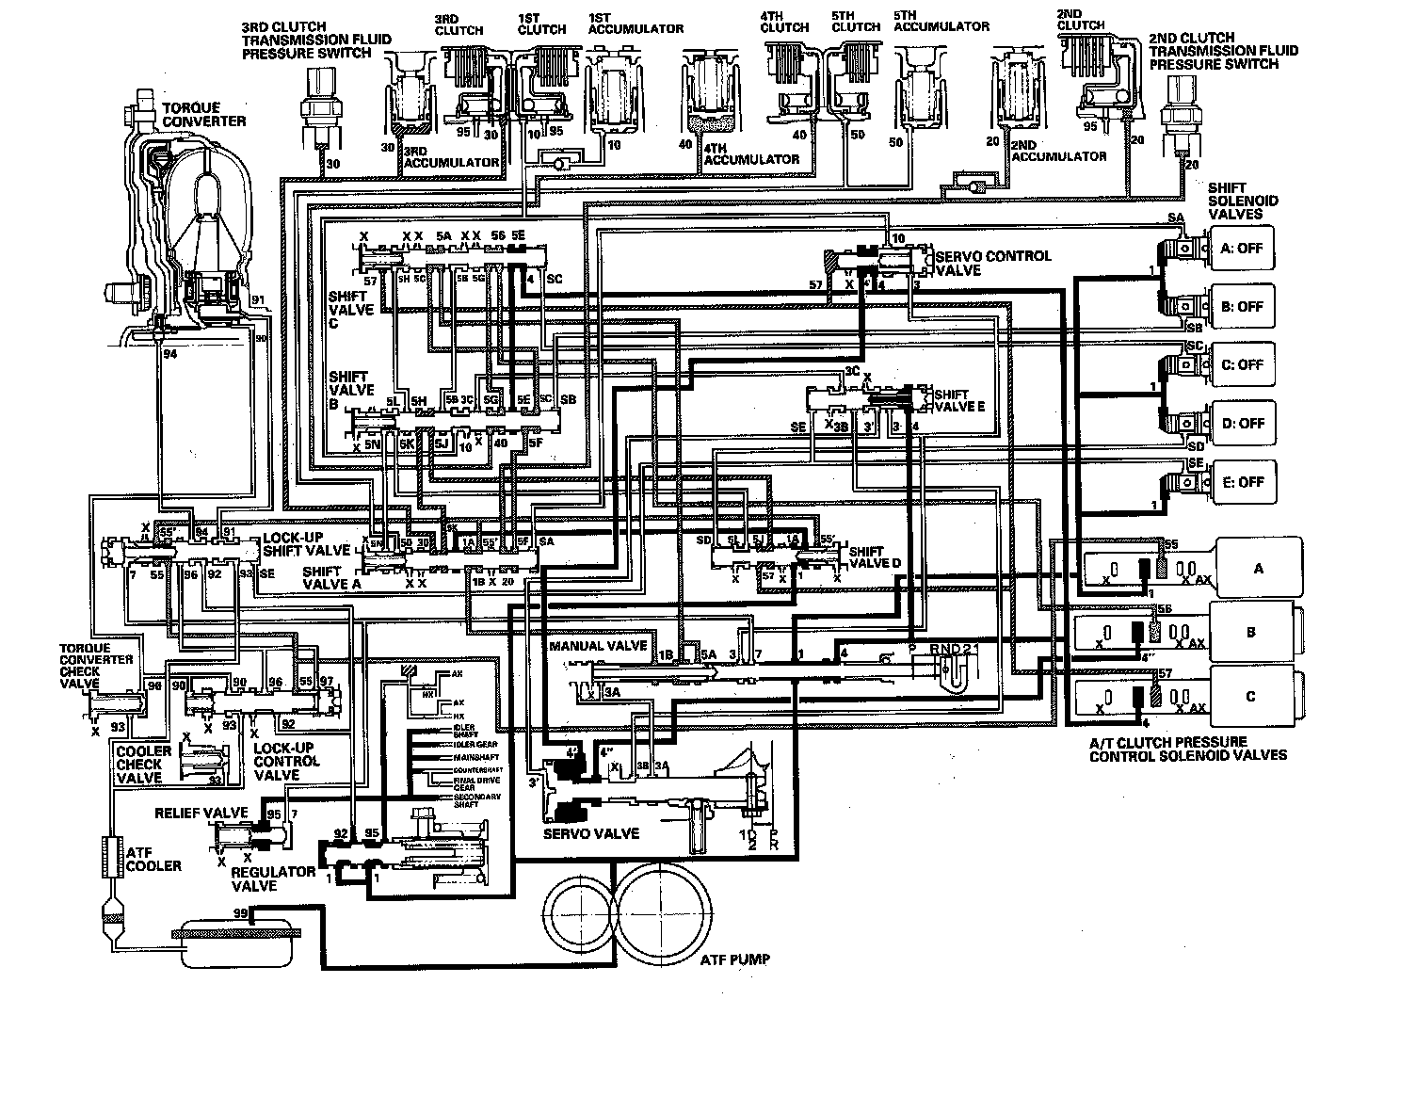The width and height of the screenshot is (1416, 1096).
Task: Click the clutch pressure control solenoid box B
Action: (1251, 632)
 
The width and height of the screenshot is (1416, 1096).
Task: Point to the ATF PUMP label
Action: (734, 959)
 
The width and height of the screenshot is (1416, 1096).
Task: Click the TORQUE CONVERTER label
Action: (203, 115)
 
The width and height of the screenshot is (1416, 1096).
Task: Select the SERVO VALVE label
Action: (591, 833)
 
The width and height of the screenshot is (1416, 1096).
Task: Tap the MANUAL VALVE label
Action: (598, 646)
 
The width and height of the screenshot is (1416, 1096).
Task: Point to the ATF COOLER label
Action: (153, 859)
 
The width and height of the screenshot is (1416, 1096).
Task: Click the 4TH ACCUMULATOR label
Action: (751, 153)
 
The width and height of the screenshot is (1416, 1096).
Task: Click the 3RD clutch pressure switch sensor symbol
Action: (314, 110)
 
